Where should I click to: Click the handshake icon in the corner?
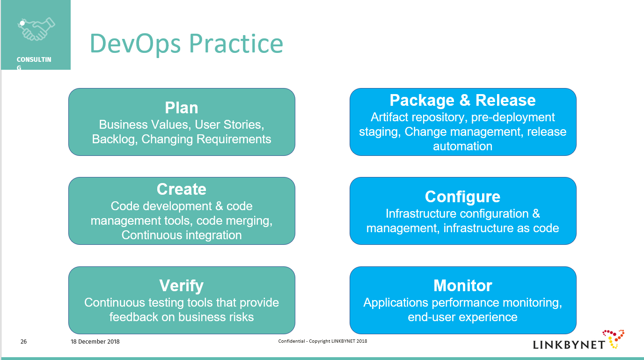pyautogui.click(x=36, y=29)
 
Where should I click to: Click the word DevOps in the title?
pyautogui.click(x=135, y=44)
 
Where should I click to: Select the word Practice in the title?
pyautogui.click(x=236, y=44)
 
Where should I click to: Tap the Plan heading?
pyautogui.click(x=182, y=108)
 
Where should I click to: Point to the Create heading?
pyautogui.click(x=182, y=189)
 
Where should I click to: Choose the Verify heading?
pyautogui.click(x=182, y=286)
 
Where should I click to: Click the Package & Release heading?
pyautogui.click(x=462, y=100)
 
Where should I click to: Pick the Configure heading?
pyautogui.click(x=462, y=197)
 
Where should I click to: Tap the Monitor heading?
pyautogui.click(x=462, y=286)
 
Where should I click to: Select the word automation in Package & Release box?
pyautogui.click(x=462, y=147)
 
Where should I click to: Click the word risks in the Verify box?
pyautogui.click(x=240, y=317)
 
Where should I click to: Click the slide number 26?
pyautogui.click(x=23, y=342)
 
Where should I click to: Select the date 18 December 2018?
pyautogui.click(x=95, y=342)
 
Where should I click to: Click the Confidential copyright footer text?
pyautogui.click(x=322, y=341)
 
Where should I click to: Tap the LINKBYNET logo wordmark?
pyautogui.click(x=569, y=345)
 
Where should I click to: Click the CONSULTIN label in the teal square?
pyautogui.click(x=34, y=59)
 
